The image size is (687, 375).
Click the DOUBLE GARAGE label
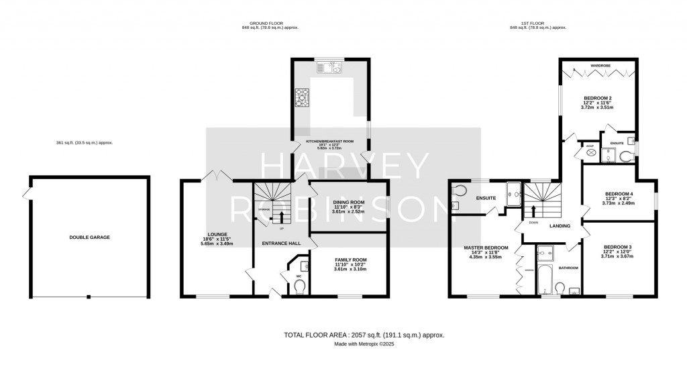tap(89, 237)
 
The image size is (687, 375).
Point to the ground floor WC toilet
tap(299, 286)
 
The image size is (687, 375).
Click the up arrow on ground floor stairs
tap(280, 216)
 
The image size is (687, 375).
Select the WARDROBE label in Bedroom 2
tap(600, 66)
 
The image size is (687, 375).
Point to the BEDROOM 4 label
tap(617, 195)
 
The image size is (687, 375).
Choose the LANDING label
tap(560, 226)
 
